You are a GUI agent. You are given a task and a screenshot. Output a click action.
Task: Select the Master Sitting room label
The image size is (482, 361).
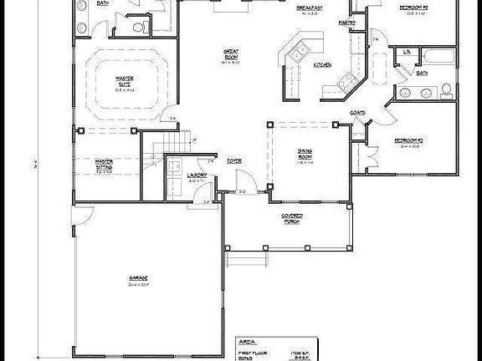click(105, 165)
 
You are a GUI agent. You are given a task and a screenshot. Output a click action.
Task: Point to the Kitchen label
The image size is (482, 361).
click(323, 64)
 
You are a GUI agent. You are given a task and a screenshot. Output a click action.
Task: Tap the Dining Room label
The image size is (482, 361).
click(304, 154)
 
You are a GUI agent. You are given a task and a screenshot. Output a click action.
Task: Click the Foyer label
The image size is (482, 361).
click(235, 158)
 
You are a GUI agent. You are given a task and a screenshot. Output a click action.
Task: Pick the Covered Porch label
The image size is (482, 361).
click(291, 218)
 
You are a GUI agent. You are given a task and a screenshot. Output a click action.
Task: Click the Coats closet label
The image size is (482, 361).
click(356, 111)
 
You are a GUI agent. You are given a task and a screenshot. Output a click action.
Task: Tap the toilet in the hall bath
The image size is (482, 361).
click(447, 89)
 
